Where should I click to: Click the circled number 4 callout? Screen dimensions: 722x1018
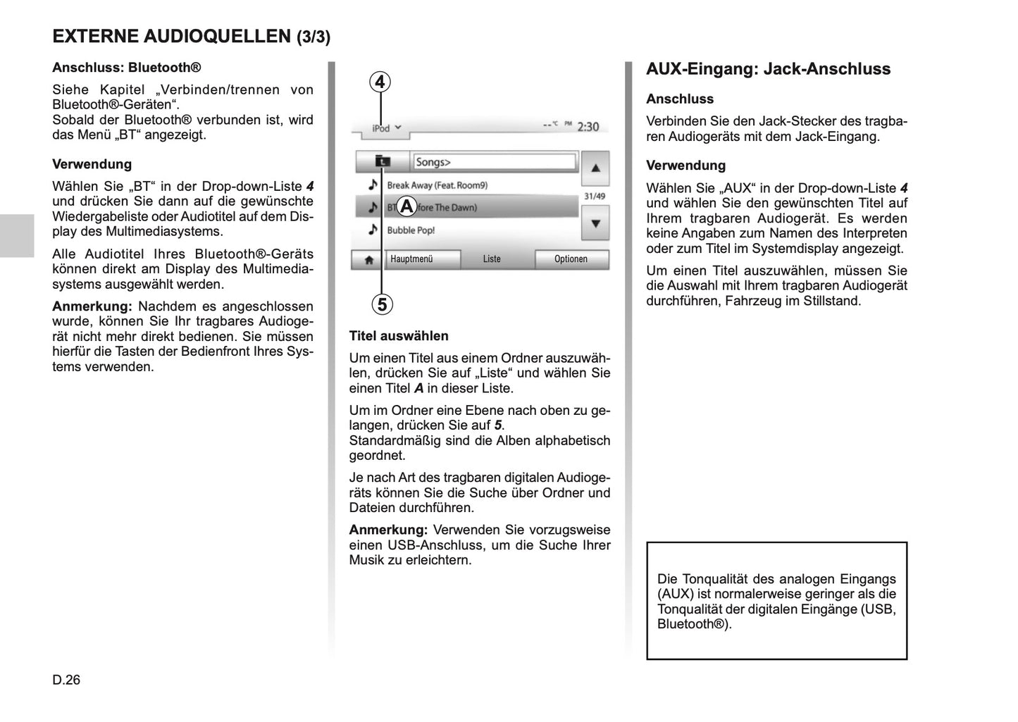click(380, 82)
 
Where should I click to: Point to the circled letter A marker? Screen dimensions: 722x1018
click(406, 207)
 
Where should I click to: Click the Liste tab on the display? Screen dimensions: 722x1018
click(492, 259)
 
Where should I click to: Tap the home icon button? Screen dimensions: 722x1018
click(368, 259)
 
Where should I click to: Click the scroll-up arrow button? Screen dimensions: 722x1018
click(595, 168)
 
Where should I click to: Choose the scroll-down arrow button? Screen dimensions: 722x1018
click(595, 223)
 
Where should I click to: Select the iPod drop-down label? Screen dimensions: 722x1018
click(386, 128)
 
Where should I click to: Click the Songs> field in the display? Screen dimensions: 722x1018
click(494, 162)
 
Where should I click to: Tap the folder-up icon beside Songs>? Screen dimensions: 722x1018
click(382, 162)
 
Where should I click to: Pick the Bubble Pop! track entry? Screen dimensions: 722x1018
click(411, 230)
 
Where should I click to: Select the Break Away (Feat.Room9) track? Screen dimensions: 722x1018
click(437, 185)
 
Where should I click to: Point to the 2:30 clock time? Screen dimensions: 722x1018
click(588, 127)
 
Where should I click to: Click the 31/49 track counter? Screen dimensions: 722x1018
click(595, 197)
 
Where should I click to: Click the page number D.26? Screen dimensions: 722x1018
click(66, 680)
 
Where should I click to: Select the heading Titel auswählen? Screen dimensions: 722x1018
click(399, 336)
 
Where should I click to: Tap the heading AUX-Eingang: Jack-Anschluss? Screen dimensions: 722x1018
click(768, 69)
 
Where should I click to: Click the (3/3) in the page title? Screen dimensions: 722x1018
click(313, 37)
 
